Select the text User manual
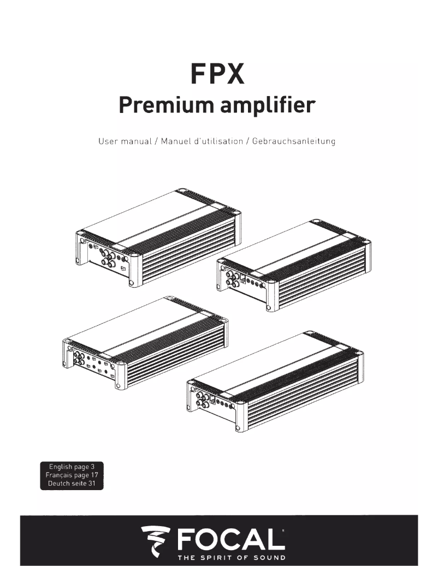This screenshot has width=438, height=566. [x=124, y=141]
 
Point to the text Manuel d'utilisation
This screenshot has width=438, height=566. [x=201, y=141]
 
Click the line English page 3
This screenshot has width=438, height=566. [x=72, y=467]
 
